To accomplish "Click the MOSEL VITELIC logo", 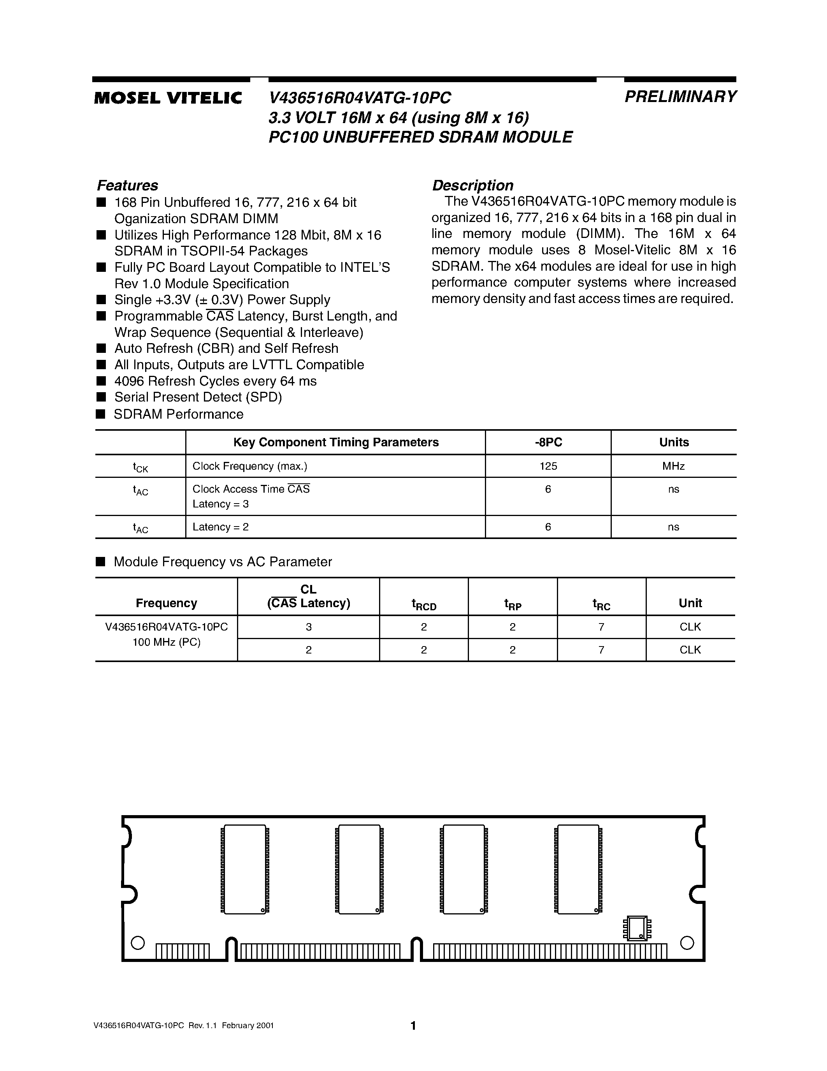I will [168, 98].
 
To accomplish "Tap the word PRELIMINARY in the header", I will [680, 97].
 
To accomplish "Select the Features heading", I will [127, 185].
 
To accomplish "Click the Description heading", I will [472, 185].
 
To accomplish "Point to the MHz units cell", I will [673, 466].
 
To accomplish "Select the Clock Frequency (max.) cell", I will [250, 466].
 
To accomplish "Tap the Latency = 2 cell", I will [220, 527].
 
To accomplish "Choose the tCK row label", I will [140, 467].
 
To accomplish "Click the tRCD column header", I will [424, 604].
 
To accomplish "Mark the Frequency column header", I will [166, 603].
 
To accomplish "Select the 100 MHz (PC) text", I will [166, 642].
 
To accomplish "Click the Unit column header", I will [690, 603].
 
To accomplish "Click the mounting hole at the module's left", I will [138, 942].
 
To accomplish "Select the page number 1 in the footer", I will [413, 1025].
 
